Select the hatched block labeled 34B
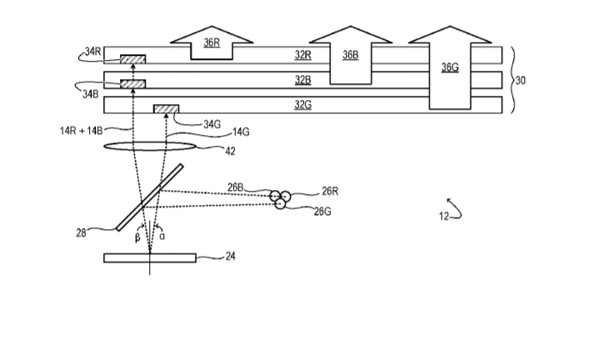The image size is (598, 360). click(x=133, y=84)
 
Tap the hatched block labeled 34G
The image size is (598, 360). click(x=167, y=109)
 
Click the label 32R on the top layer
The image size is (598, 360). click(x=302, y=55)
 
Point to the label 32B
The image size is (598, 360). click(x=302, y=80)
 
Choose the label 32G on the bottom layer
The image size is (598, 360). click(x=302, y=105)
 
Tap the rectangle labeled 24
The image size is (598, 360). click(x=150, y=257)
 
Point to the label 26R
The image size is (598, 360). click(x=330, y=192)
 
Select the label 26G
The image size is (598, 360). click(x=323, y=212)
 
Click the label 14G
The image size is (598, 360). click(x=241, y=132)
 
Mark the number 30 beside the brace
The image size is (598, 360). click(x=522, y=81)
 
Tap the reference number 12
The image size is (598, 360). click(x=444, y=217)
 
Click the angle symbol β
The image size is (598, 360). click(x=138, y=236)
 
